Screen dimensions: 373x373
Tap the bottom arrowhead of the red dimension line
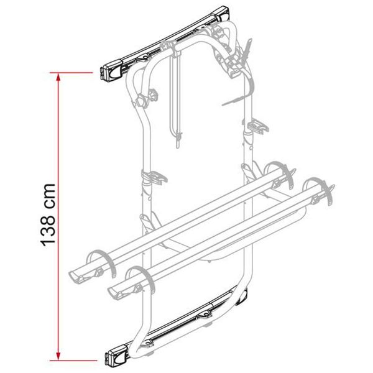coord(58,356)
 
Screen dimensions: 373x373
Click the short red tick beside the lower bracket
coord(103,357)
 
